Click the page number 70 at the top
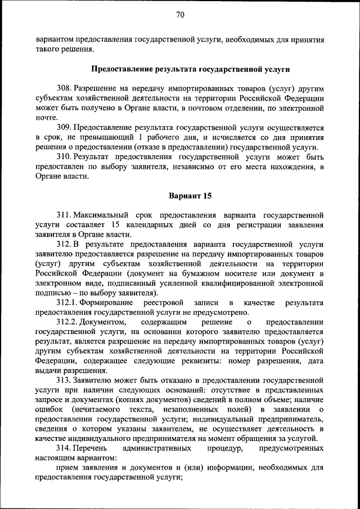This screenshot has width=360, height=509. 180,15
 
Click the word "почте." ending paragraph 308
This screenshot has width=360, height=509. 46,118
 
